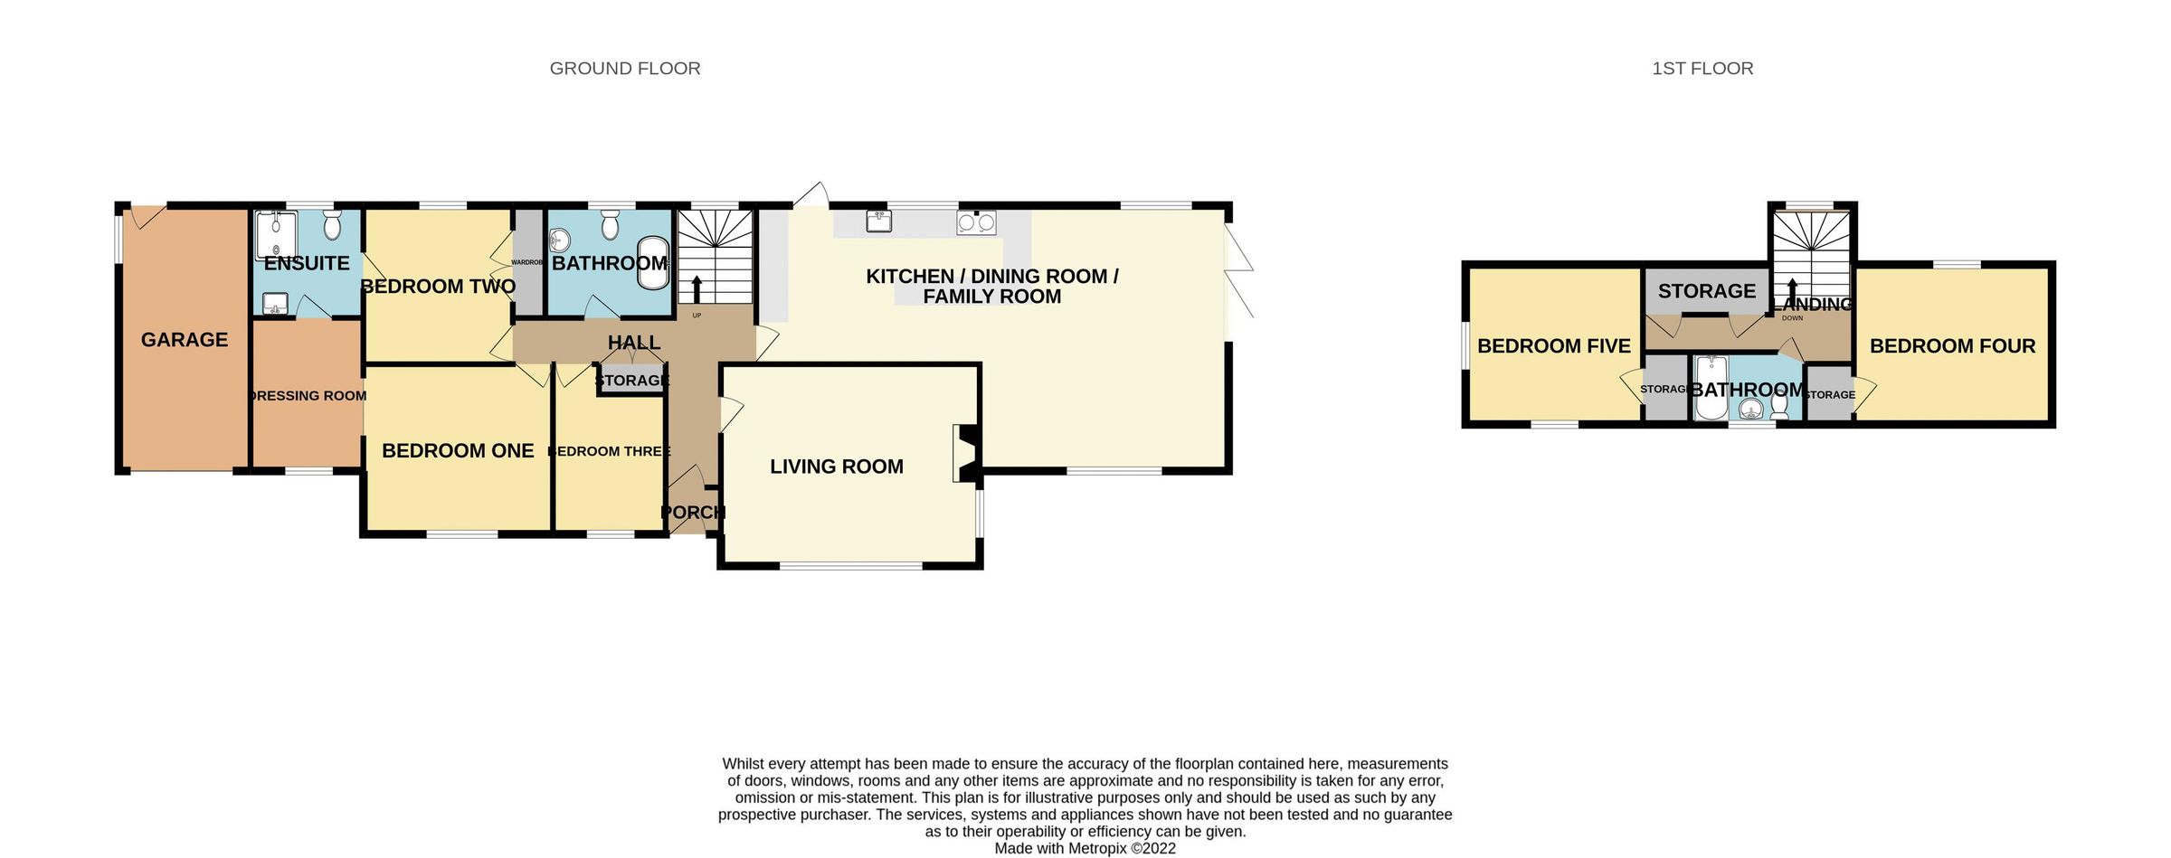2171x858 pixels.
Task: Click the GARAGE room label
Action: point(185,340)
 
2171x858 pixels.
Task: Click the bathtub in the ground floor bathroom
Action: point(654,263)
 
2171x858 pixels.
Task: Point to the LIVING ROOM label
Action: point(836,467)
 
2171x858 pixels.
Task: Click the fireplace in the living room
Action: point(963,453)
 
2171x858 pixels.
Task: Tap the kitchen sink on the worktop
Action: point(877,222)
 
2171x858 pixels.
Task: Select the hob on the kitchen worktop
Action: point(976,222)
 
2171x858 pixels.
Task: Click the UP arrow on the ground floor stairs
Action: point(697,289)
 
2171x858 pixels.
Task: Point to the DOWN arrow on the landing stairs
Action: point(1792,294)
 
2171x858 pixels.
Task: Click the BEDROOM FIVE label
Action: point(1553,346)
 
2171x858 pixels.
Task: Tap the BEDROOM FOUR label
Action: point(1952,346)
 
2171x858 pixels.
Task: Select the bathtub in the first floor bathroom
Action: point(1711,388)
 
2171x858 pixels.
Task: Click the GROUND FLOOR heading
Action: point(625,69)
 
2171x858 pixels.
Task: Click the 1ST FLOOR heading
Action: point(1702,69)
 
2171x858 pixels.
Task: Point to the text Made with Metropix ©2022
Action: point(1085,848)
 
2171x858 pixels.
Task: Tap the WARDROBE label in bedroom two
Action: point(527,262)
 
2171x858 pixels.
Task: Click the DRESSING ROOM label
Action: point(308,396)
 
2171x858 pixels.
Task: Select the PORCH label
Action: point(693,513)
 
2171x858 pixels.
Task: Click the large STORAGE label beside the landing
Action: point(1706,291)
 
